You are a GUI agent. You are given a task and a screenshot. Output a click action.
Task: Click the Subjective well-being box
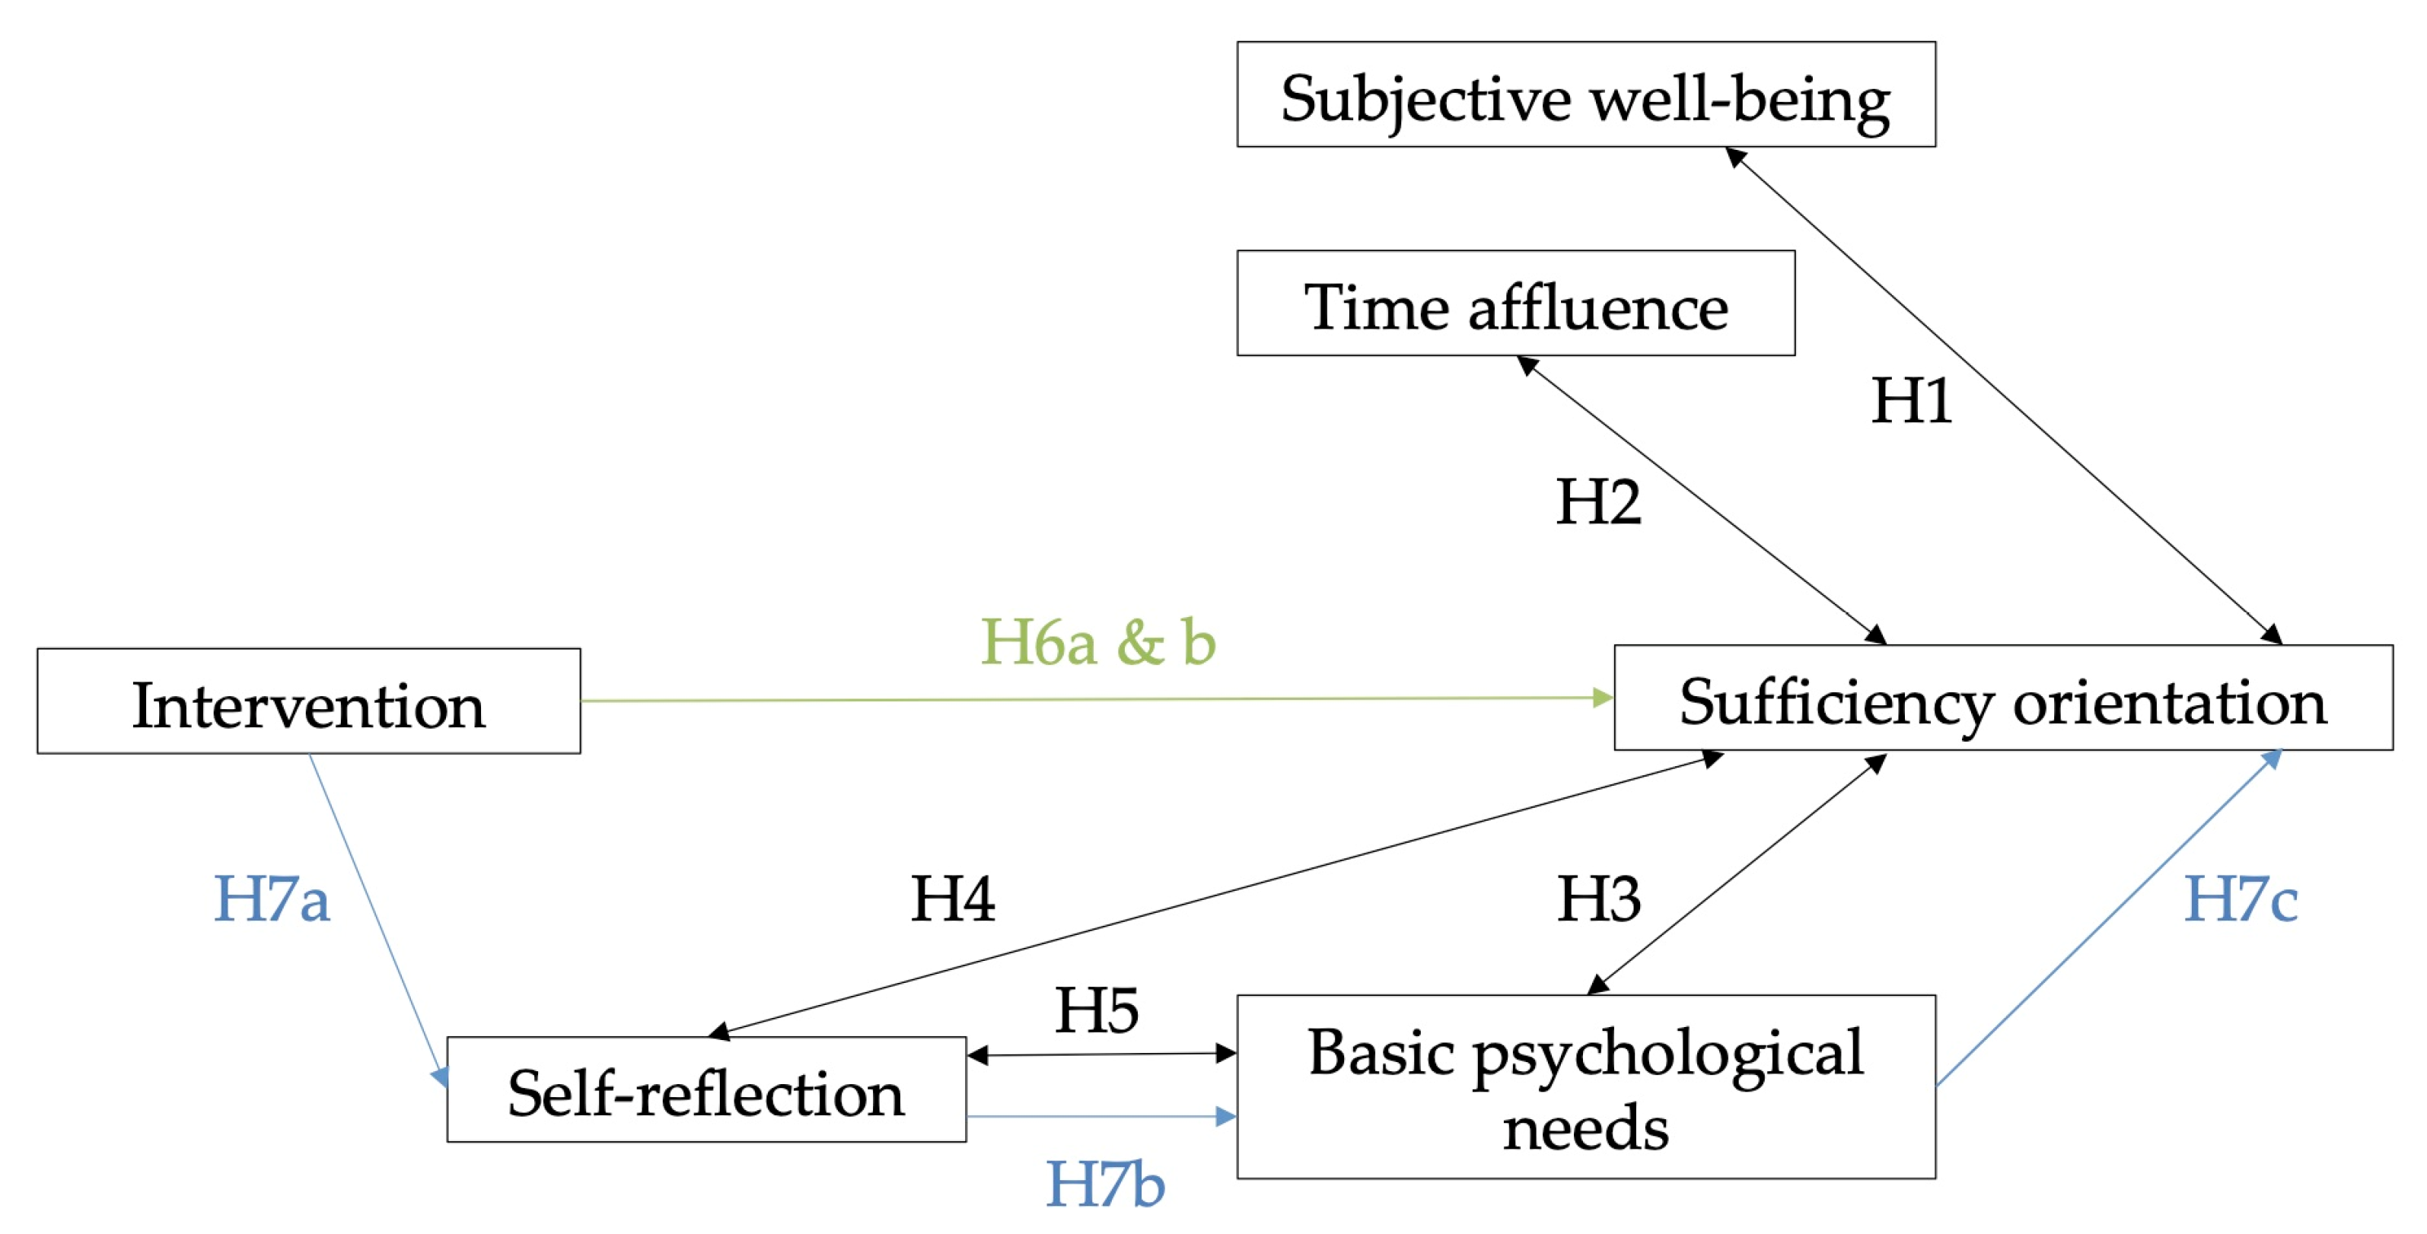coord(1585,94)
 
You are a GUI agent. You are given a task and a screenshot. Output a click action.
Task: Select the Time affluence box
coord(1515,304)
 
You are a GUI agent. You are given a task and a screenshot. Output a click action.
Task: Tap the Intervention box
coord(308,701)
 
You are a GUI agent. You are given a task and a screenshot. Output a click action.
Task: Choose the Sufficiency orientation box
coord(2002,698)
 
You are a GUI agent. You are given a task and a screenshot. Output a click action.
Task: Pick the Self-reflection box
coord(705,1090)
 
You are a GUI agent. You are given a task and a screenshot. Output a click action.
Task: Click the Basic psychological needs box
coord(1585,1086)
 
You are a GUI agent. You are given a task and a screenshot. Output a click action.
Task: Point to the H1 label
coord(1911,400)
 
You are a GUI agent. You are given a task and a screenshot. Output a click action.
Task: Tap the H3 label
coord(1598,898)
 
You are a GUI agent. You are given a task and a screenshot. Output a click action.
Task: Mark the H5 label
coord(1096,1011)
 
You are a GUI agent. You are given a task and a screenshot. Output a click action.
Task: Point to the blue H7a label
coord(272,898)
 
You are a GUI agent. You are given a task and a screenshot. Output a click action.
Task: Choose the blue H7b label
coord(1105,1184)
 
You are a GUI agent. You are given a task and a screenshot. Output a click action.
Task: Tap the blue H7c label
coord(2241,898)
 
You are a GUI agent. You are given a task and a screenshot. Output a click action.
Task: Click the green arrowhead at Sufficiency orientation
coord(1602,698)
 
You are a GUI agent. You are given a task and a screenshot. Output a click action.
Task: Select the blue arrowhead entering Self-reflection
coord(440,1077)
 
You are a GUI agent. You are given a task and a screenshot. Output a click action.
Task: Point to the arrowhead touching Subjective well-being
coord(1735,157)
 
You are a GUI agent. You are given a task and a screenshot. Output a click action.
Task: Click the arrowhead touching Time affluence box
coord(1527,364)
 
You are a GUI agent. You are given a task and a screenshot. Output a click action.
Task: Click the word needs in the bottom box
coord(1585,1128)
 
